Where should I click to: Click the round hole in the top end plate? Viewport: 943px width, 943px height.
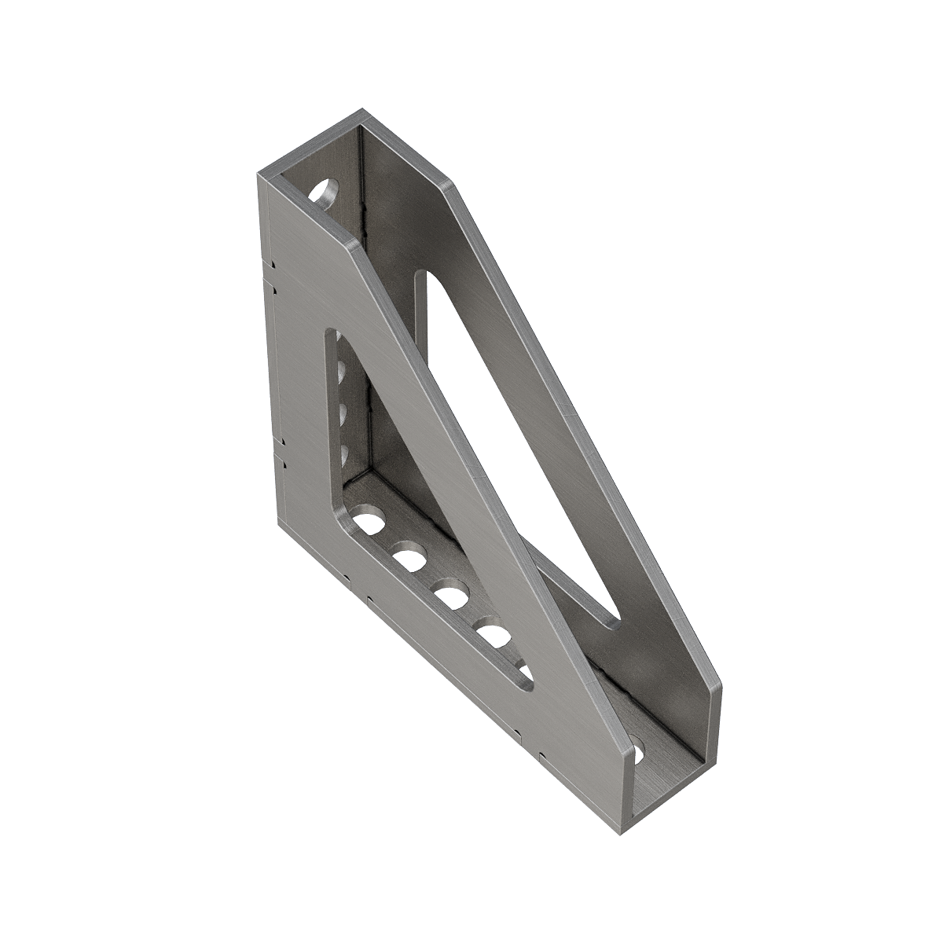[x=324, y=191]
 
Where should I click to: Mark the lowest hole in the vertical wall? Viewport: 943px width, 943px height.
[x=343, y=452]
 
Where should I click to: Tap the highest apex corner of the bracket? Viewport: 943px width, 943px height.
[x=362, y=110]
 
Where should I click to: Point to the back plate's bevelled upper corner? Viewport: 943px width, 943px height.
[x=446, y=186]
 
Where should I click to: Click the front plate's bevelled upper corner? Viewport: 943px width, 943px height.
[x=350, y=246]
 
